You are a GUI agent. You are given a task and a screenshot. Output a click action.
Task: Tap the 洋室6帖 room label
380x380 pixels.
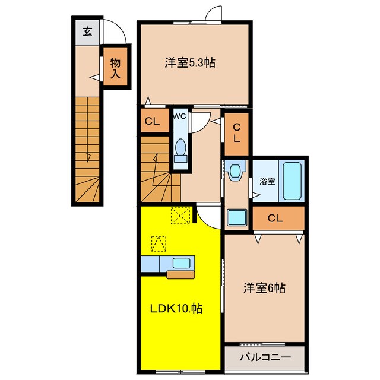pyautogui.click(x=265, y=289)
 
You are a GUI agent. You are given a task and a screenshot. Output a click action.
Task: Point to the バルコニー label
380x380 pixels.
pyautogui.click(x=265, y=358)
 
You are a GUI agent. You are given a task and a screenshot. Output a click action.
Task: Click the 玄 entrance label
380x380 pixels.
pyautogui.click(x=87, y=32)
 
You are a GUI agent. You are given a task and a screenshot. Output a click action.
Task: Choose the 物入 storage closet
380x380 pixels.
pyautogui.click(x=115, y=68)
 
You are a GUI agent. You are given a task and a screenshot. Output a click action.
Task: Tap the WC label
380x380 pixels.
pyautogui.click(x=179, y=116)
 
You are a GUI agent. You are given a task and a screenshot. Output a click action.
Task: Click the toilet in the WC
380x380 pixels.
pyautogui.click(x=180, y=148)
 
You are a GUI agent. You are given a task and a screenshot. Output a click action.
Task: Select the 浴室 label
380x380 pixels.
pyautogui.click(x=267, y=182)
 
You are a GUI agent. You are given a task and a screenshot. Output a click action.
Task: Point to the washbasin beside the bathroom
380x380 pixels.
pyautogui.click(x=236, y=172)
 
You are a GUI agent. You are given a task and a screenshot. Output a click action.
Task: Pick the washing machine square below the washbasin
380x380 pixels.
pyautogui.click(x=237, y=217)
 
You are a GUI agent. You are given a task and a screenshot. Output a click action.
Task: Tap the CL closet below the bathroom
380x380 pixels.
pyautogui.click(x=275, y=218)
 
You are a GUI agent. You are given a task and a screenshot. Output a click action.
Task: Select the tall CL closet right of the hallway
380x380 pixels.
pyautogui.click(x=236, y=133)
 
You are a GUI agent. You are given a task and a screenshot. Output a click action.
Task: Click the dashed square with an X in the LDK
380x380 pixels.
pyautogui.click(x=180, y=216)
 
